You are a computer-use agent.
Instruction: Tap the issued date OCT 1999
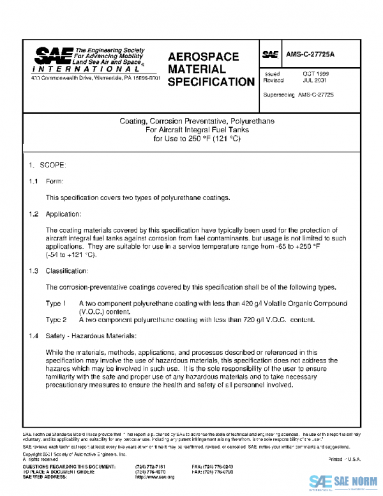[x=315, y=74]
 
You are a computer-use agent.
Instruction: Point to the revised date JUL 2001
[x=315, y=81]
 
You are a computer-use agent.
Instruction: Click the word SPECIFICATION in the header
[x=211, y=82]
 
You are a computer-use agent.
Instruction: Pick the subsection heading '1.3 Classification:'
[x=57, y=270]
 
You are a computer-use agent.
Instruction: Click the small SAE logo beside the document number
[x=268, y=56]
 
